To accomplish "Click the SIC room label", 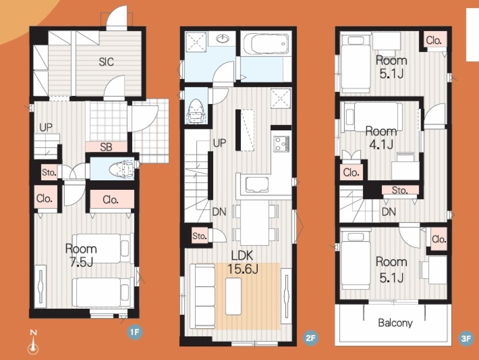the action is tap(106, 62).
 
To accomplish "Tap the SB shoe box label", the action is tap(106, 147).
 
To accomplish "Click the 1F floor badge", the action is tap(135, 332).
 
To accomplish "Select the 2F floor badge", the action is tap(310, 338).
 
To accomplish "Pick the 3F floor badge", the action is tap(466, 338).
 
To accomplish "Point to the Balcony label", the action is tap(395, 323).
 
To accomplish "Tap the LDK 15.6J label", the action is tap(243, 262).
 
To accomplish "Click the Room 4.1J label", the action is tap(381, 138).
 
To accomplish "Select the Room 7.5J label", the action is tap(81, 255).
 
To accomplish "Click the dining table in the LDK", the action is tap(254, 222).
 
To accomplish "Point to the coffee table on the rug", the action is tap(234, 296).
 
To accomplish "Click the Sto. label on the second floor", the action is tap(199, 236).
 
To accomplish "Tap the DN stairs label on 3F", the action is tap(388, 211).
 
